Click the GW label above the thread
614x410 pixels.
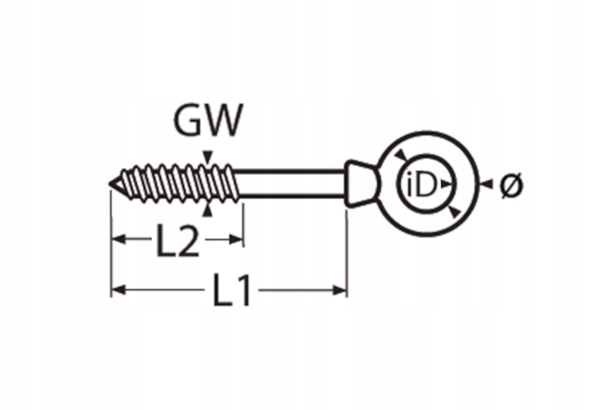click(x=208, y=120)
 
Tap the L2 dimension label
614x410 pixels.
click(x=178, y=239)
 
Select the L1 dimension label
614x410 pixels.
click(x=231, y=290)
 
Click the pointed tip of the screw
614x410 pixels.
click(x=109, y=184)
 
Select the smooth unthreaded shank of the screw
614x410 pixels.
click(x=290, y=183)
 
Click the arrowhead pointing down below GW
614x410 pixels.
click(x=208, y=156)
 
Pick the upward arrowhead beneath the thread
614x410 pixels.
click(x=208, y=210)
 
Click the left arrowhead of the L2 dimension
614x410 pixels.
click(x=118, y=239)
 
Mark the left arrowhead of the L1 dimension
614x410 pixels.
click(x=118, y=290)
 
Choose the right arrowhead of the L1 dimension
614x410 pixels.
click(x=340, y=290)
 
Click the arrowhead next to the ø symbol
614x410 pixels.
click(x=487, y=184)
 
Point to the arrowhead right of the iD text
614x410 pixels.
click(x=445, y=184)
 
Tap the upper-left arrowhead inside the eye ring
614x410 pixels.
click(x=401, y=155)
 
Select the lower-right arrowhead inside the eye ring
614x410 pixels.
click(x=454, y=212)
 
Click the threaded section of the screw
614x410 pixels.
click(x=176, y=184)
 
